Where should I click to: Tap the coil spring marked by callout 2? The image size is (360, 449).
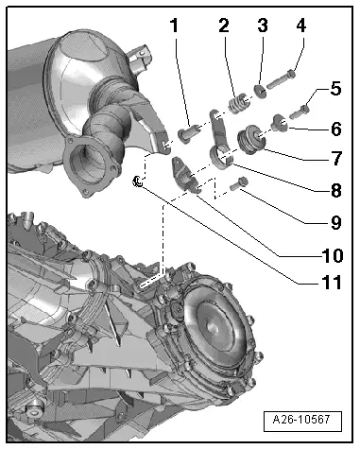coord(229,99)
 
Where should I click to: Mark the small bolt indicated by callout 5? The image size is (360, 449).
coord(304,112)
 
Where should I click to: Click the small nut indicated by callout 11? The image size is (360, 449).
coord(138,181)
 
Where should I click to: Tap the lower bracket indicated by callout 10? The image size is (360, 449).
coord(185,175)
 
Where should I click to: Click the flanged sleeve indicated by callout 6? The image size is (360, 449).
coord(279,121)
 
